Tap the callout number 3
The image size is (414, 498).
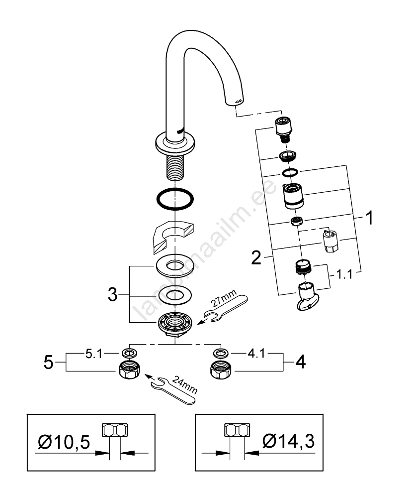pyautogui.click(x=113, y=294)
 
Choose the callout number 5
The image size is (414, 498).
pyautogui.click(x=48, y=362)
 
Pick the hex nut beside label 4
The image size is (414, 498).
pyautogui.click(x=219, y=371)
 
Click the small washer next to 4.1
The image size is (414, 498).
pyautogui.click(x=219, y=353)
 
